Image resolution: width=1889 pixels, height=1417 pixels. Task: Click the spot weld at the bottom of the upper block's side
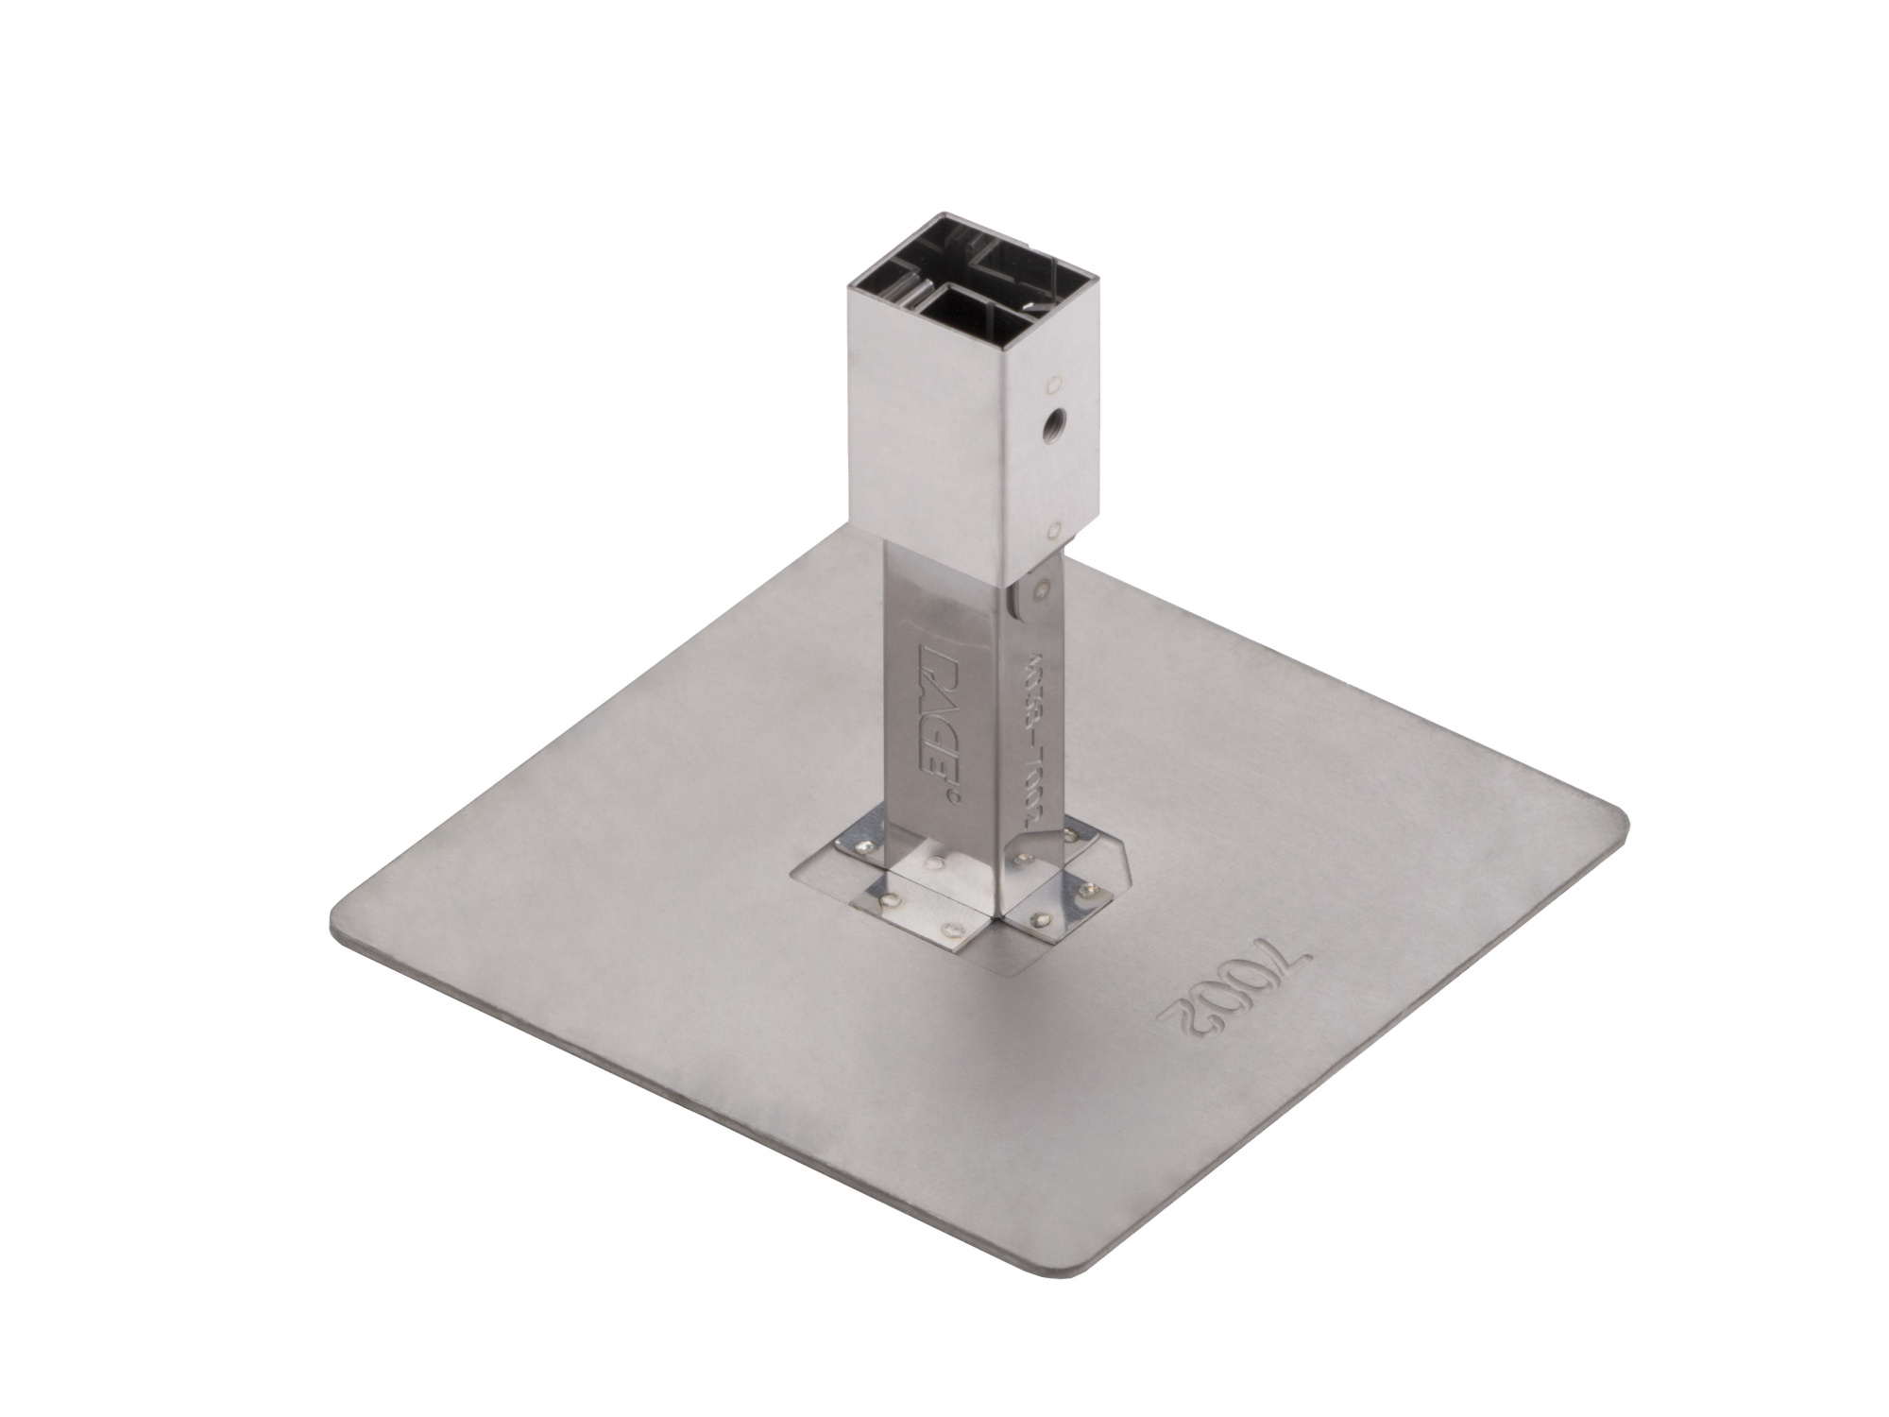coord(1055,530)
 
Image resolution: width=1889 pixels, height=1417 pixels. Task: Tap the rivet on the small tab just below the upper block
coord(1041,590)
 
